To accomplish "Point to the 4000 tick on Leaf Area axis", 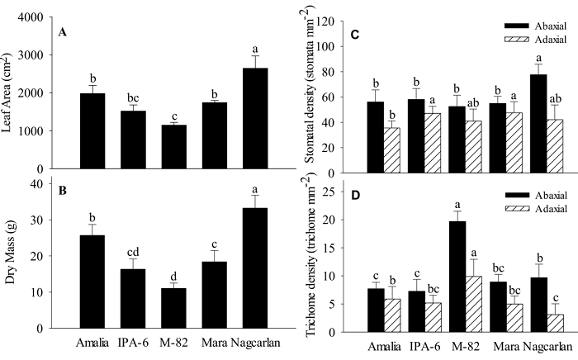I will [32, 17].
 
